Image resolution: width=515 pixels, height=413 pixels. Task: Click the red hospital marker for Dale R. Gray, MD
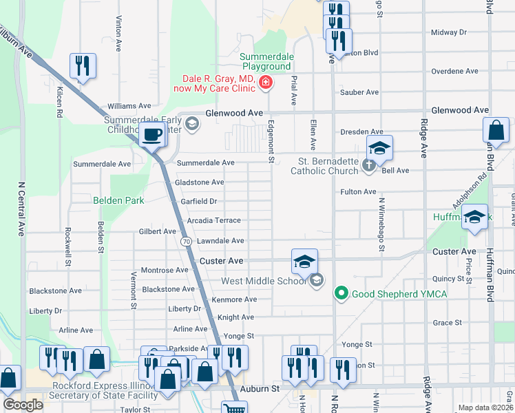pyautogui.click(x=266, y=84)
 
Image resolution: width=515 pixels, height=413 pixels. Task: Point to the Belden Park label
pyautogui.click(x=118, y=200)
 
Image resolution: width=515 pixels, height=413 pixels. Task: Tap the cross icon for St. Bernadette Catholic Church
pyautogui.click(x=369, y=165)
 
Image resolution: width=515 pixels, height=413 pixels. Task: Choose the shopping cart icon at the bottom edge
pyautogui.click(x=234, y=408)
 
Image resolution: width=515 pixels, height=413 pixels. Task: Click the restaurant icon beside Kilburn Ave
pyautogui.click(x=82, y=66)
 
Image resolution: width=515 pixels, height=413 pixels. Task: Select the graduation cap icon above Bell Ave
pyautogui.click(x=379, y=148)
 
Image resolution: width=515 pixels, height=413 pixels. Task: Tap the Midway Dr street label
pyautogui.click(x=448, y=32)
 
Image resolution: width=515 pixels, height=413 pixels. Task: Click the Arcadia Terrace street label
pyautogui.click(x=213, y=220)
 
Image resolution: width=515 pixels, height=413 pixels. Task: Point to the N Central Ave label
pyautogui.click(x=21, y=211)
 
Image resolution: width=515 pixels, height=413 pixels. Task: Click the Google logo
pyautogui.click(x=23, y=404)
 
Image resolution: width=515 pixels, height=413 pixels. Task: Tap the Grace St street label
pyautogui.click(x=447, y=322)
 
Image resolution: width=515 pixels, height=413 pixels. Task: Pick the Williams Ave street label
pyautogui.click(x=129, y=106)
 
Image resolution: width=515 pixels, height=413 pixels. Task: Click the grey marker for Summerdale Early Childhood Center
pyautogui.click(x=192, y=124)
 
